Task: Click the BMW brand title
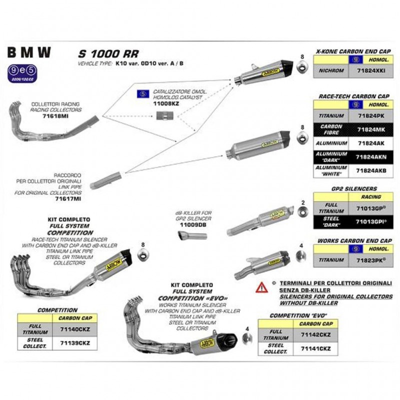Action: pos(28,52)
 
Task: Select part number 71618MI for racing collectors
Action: pos(47,114)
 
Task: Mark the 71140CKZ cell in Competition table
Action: pos(74,329)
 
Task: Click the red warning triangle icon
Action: pos(261,287)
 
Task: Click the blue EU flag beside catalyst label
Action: pos(140,93)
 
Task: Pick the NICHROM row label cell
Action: pos(330,71)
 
